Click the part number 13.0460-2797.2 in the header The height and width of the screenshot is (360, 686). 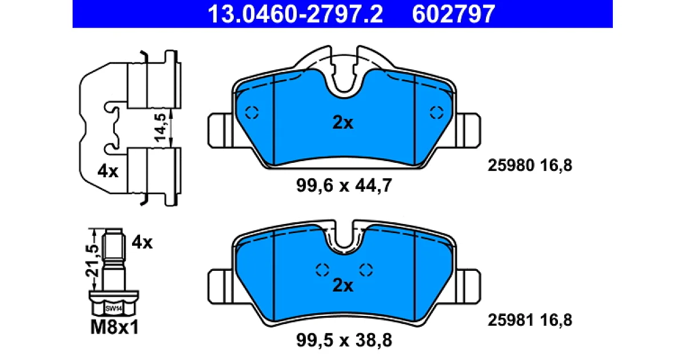coord(295,14)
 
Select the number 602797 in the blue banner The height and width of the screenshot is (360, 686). coord(453,14)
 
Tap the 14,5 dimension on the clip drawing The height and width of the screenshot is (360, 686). coord(161,127)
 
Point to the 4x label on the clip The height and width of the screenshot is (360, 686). coord(108,171)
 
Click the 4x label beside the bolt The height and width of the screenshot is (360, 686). coord(142,242)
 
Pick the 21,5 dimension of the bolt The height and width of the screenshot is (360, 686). coord(92,261)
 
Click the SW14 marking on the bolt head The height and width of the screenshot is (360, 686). coord(114,309)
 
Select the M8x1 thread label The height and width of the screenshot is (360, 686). coord(114,327)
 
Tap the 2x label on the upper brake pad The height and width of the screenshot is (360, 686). coord(342,123)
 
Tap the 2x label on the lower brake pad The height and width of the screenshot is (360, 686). coord(342,286)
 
